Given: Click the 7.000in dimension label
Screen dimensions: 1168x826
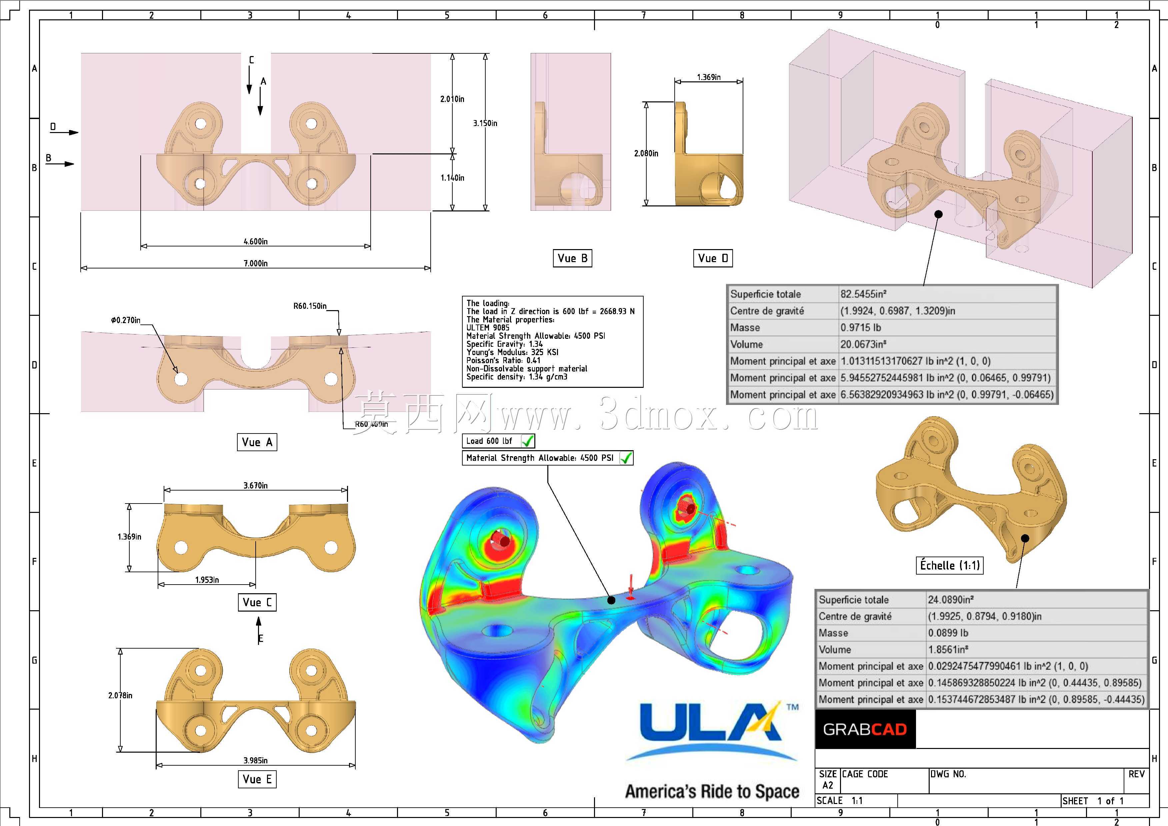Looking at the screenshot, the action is (255, 263).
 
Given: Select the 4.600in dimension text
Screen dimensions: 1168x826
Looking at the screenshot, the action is (255, 241).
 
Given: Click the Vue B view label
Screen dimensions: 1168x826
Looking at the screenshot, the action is (572, 258).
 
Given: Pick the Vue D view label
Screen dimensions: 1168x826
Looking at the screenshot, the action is (713, 258).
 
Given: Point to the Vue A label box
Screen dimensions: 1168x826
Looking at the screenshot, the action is (257, 442).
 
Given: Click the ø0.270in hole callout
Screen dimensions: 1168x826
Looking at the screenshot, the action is (126, 320).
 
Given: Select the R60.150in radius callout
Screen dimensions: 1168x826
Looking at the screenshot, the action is (310, 306).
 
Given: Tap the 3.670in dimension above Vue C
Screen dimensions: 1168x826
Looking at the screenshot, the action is (255, 486).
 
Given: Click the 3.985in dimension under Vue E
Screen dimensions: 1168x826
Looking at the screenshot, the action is (255, 760).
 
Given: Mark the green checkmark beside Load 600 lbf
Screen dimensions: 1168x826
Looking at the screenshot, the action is (528, 441).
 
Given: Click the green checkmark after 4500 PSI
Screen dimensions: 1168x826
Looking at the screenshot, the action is (626, 458).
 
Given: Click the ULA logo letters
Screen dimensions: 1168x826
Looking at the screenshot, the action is (710, 723).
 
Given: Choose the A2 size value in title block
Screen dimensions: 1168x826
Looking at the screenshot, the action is (828, 785).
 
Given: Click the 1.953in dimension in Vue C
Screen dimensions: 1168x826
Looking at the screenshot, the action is (207, 580).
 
